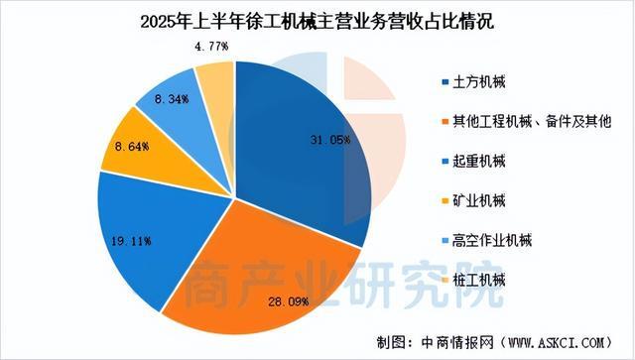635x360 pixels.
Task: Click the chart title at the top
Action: click(x=317, y=21)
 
